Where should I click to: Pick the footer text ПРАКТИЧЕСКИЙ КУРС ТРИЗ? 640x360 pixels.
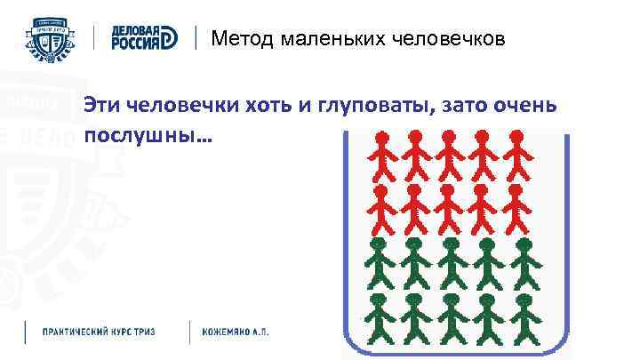(x=100, y=332)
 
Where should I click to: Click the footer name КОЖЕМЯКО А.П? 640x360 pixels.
(x=236, y=332)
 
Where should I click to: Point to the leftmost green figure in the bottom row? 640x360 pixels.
(x=384, y=318)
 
